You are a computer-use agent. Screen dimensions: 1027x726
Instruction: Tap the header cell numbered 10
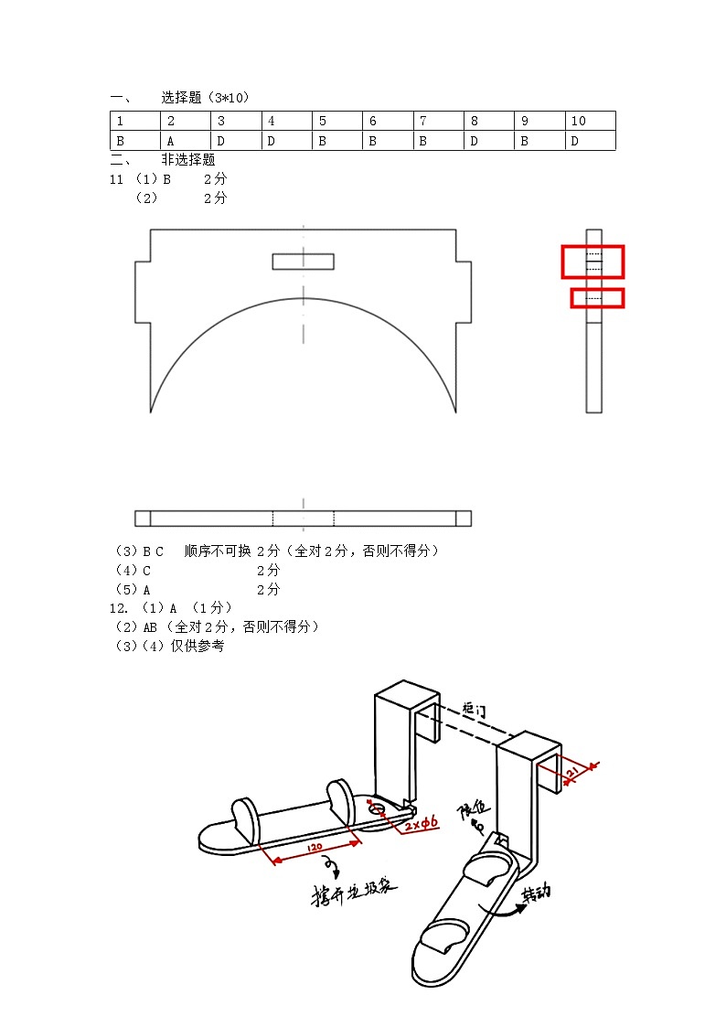point(590,121)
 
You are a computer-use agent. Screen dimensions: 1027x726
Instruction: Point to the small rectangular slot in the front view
point(303,262)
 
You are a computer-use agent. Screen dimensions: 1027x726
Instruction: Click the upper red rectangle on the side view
point(593,262)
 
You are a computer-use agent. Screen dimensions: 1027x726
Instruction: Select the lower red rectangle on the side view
point(597,298)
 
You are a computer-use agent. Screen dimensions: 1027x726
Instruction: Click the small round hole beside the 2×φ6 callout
point(376,808)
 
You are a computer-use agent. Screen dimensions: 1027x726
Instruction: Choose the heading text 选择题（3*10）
point(205,97)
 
